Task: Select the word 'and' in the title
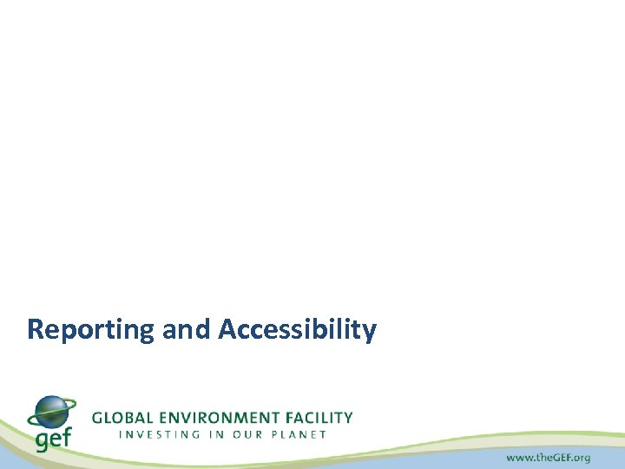click(x=187, y=330)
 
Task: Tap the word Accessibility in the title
click(x=298, y=330)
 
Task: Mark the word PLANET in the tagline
click(x=299, y=434)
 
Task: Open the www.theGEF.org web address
click(x=548, y=457)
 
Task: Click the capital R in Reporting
click(x=36, y=330)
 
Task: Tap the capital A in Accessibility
click(x=228, y=330)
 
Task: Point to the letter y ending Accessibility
click(x=370, y=333)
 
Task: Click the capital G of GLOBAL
click(x=98, y=418)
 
